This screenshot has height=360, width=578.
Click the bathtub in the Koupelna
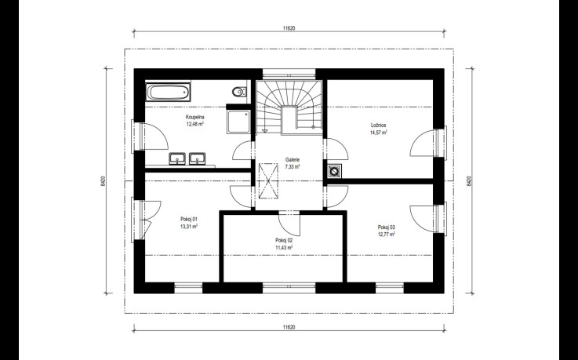(x=169, y=92)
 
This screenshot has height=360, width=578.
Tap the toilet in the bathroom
(x=240, y=91)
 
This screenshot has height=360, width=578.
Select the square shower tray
(x=238, y=122)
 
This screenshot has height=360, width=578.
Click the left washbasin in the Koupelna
(x=178, y=158)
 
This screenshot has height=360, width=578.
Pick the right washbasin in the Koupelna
(x=198, y=158)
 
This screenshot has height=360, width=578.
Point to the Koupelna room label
(x=195, y=117)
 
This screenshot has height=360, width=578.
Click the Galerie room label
(x=293, y=160)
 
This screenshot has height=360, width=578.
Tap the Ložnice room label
(x=378, y=125)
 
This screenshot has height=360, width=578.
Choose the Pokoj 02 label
(x=284, y=240)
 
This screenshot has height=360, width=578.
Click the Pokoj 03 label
(x=387, y=227)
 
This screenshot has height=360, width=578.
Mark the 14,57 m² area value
(x=378, y=133)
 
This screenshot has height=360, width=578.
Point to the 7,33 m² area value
(x=293, y=167)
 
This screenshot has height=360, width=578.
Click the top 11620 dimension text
(x=289, y=28)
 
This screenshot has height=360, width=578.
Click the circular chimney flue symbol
(x=334, y=171)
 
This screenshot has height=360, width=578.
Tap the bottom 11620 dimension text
(x=289, y=327)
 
